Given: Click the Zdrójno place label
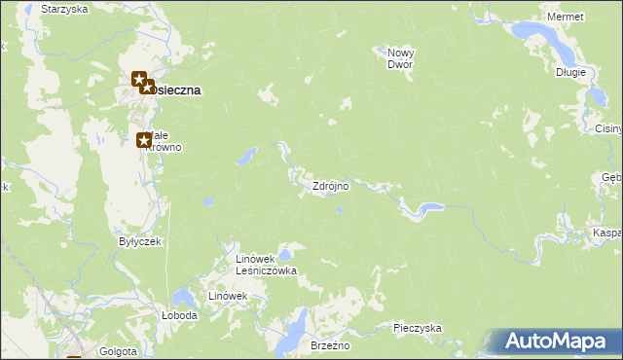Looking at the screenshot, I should click(x=330, y=186).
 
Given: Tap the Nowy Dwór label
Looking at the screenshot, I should click(x=400, y=58).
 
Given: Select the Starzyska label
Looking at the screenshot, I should click(x=64, y=9).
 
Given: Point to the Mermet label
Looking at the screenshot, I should click(x=566, y=18).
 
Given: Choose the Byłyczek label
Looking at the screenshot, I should click(x=139, y=241).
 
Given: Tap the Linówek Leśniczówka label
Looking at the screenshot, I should click(x=266, y=265).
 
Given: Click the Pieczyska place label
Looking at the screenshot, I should click(x=418, y=329).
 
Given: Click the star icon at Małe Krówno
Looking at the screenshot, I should click(x=143, y=140).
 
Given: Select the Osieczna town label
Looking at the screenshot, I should click(x=176, y=90).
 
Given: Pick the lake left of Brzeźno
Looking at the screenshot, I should click(x=289, y=337).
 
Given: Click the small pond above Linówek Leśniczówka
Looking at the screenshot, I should click(x=284, y=255).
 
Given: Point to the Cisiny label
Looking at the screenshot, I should click(x=608, y=127).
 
